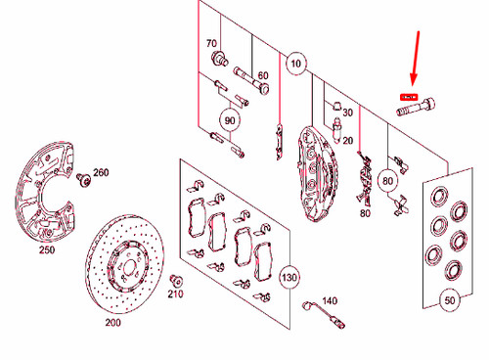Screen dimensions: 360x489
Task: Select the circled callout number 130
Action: [289, 277]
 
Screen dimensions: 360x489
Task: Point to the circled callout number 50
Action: [449, 302]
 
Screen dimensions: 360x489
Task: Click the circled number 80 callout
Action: [387, 179]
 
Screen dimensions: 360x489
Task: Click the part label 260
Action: [101, 173]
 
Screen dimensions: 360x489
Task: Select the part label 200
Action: [112, 321]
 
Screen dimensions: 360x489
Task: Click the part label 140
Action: [330, 299]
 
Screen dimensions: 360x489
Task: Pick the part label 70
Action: [211, 44]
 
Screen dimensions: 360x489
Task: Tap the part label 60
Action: [262, 76]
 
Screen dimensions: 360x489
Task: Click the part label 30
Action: [347, 112]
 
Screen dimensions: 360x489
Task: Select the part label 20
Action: [346, 140]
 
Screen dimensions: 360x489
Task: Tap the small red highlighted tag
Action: [408, 97]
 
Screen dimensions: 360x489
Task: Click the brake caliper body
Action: [314, 171]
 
